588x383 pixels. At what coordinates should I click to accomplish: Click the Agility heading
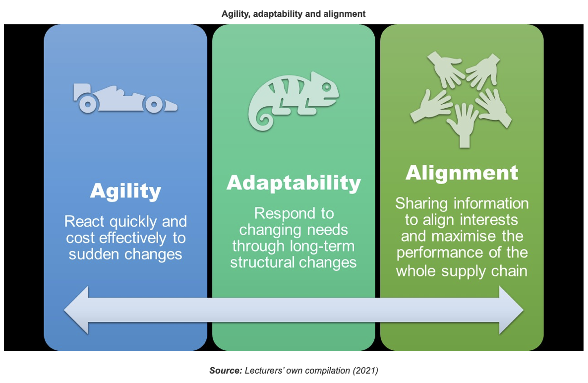pos(125,191)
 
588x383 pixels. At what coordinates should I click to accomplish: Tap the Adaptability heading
pos(294,183)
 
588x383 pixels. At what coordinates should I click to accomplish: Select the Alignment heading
pos(462,173)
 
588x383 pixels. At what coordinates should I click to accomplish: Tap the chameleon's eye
pos(327,87)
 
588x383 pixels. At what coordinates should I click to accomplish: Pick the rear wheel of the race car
pos(88,105)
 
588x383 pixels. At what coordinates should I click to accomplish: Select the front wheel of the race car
pos(153,105)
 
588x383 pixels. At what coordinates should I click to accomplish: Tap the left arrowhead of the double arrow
pos(76,310)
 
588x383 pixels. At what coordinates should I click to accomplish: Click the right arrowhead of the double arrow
pos(511,310)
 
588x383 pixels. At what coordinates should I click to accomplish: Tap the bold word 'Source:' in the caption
pos(226,371)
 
